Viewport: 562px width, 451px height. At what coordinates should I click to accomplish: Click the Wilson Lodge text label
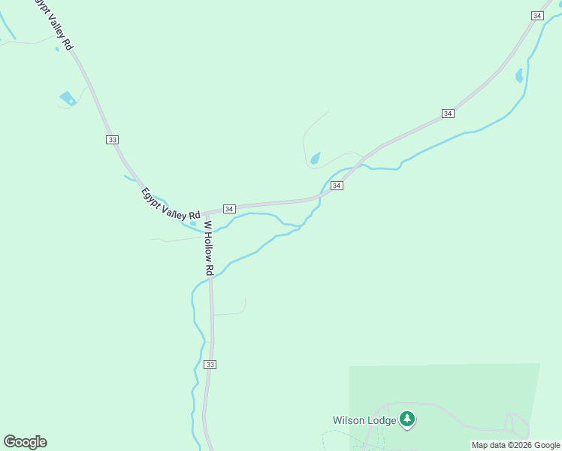(x=364, y=420)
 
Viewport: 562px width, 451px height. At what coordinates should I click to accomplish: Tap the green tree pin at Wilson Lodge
(x=407, y=419)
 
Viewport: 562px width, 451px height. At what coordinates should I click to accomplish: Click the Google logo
(x=25, y=442)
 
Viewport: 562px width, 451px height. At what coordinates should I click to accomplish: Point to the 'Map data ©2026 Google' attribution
(x=515, y=445)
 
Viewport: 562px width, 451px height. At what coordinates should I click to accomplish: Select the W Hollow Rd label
(x=209, y=248)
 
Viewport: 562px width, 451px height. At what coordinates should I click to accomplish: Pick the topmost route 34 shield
(x=537, y=16)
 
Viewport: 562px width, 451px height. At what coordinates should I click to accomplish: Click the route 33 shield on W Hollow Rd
(x=210, y=365)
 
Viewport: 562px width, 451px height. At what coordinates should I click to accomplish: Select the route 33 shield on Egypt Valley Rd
(x=112, y=140)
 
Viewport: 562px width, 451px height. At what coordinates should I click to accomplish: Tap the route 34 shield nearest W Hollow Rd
(x=230, y=208)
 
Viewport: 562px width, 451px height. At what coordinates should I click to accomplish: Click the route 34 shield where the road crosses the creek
(x=337, y=185)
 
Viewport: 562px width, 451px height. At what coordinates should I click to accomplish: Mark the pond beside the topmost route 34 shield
(x=519, y=76)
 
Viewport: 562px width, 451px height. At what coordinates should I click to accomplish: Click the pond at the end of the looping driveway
(x=315, y=158)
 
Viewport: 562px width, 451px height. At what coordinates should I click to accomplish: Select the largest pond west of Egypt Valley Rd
(x=68, y=98)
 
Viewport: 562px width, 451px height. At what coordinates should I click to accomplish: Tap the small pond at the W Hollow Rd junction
(x=193, y=222)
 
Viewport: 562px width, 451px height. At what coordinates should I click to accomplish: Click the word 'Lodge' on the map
(x=382, y=420)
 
